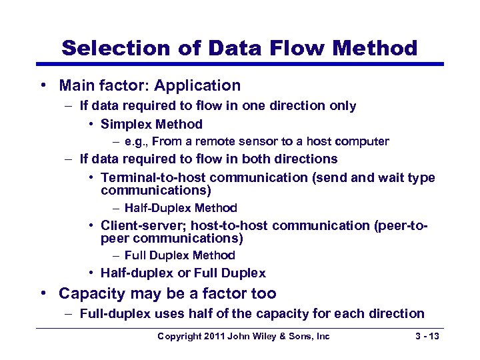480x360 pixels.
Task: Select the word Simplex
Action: pos(127,124)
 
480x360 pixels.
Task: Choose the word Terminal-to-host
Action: pos(153,177)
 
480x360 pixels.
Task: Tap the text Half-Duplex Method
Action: pos(181,208)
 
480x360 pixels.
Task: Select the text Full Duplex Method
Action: pos(180,255)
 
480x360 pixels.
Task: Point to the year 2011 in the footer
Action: pos(215,337)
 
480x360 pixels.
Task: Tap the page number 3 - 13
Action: pos(426,337)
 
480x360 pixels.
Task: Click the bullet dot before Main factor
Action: pos(43,86)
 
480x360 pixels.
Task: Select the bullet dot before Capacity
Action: pos(43,294)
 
